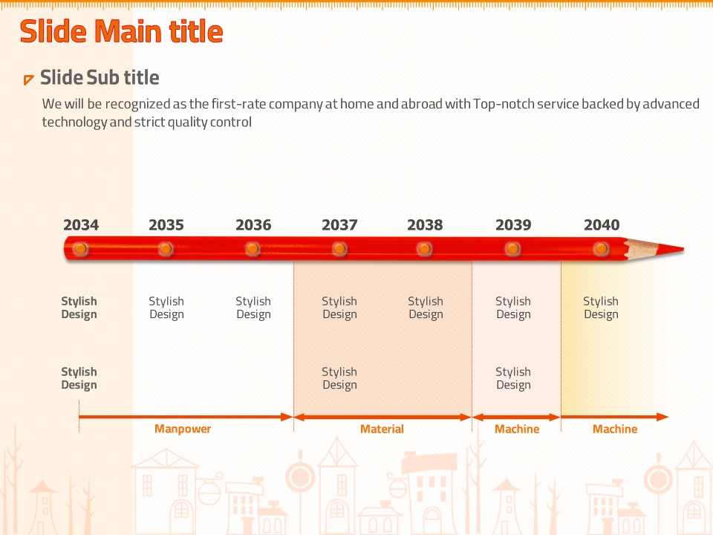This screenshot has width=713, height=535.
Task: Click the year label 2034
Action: point(81,225)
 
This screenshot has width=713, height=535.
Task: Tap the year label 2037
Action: point(339,225)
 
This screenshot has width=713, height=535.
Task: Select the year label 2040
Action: point(602,225)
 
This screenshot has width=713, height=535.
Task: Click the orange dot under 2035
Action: point(166,249)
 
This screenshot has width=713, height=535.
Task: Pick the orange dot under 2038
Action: point(424,249)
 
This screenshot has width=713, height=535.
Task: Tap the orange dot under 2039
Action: point(512,249)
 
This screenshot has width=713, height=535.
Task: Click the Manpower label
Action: point(183,429)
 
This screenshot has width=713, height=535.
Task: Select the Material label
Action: point(382,429)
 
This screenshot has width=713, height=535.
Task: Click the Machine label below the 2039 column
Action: point(517,429)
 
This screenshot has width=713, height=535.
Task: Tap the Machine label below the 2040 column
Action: point(615,429)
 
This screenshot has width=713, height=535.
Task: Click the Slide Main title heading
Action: point(121,31)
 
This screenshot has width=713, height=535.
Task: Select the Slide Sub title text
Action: point(100,77)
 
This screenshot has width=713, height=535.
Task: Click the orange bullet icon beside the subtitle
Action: point(28,80)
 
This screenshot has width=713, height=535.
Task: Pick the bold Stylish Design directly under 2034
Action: point(79,308)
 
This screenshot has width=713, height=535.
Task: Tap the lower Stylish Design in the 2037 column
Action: point(339,378)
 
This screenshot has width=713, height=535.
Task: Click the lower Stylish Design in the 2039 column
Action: point(513,378)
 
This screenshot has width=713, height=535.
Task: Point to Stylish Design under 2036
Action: point(253,308)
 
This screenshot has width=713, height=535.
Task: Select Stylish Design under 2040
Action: point(601,308)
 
